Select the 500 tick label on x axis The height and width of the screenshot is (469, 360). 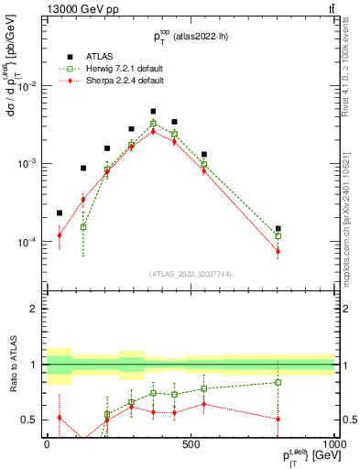coord(191,442)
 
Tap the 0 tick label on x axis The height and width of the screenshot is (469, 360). coord(46,442)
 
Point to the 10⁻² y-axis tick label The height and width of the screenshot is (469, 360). coord(27,86)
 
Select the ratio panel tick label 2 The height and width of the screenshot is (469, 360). coord(34,309)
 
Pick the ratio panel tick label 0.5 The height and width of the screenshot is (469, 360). coord(29,420)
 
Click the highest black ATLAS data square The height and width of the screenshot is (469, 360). coord(153,111)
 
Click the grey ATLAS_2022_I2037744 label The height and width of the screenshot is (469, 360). coord(190,274)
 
